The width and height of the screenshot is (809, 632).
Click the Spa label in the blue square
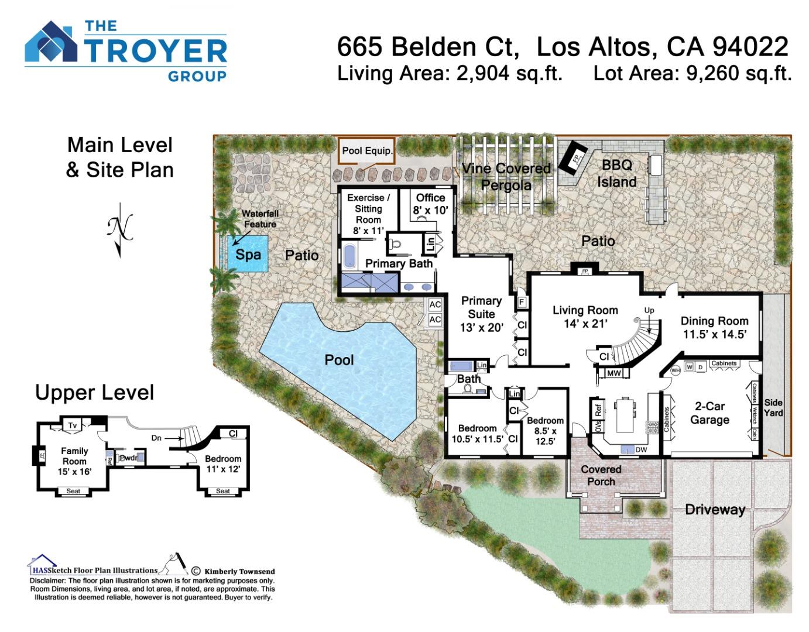(248, 255)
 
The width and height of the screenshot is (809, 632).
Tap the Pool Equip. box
(367, 151)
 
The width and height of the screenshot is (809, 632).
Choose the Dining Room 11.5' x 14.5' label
(714, 328)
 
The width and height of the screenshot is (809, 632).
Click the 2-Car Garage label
(709, 413)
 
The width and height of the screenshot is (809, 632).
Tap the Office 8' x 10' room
(431, 204)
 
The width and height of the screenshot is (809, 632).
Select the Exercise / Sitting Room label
(368, 214)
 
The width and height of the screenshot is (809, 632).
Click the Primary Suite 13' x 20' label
(481, 314)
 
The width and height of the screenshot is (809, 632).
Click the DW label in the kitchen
(641, 449)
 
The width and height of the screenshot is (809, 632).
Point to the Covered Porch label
(601, 475)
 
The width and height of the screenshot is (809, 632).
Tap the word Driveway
(715, 510)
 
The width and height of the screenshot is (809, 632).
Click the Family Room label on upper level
(74, 461)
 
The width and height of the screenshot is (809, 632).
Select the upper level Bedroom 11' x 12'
(223, 463)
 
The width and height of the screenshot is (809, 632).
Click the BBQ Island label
(616, 173)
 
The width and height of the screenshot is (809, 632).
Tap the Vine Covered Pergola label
(506, 177)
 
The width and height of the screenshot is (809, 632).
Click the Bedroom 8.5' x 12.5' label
(545, 431)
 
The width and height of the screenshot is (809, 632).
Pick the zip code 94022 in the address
(751, 47)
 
